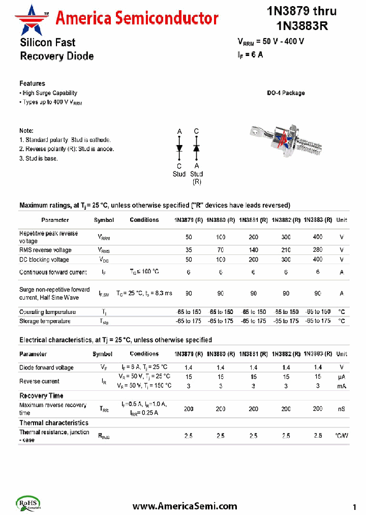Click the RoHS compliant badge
point(29,503)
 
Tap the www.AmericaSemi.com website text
point(185,506)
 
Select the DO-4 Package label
point(286,93)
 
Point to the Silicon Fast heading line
point(47,42)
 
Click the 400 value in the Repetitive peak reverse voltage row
point(318,237)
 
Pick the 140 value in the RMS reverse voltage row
point(254,250)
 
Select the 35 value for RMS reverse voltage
point(189,250)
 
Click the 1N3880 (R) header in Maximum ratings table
point(221,220)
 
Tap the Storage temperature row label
point(45,321)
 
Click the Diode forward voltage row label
point(46,367)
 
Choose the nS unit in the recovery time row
point(342,409)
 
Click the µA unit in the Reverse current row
point(342,377)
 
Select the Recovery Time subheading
point(41,395)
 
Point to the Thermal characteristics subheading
point(53,423)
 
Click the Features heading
point(32,83)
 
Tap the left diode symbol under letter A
point(179,148)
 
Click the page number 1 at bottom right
point(354,507)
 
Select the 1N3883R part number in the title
point(302,26)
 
